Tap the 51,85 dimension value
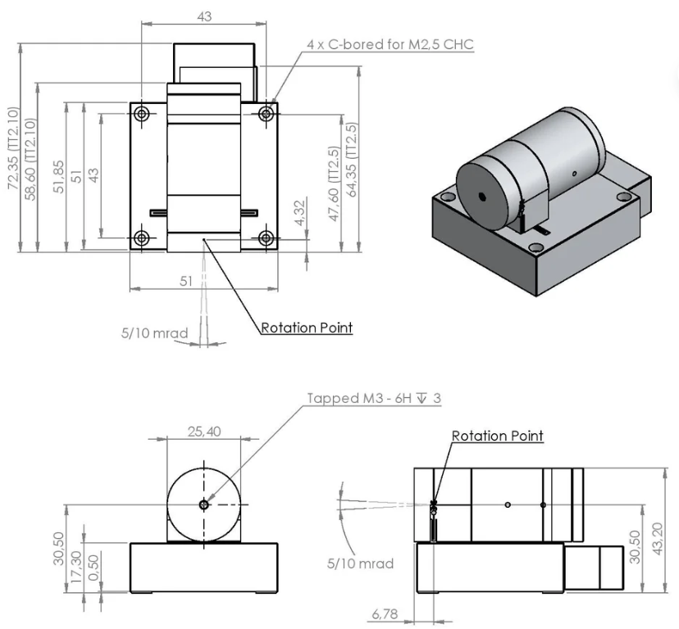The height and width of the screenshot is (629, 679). [x=57, y=175]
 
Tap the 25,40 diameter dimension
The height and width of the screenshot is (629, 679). [x=203, y=432]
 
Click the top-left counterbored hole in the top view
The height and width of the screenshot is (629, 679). [x=142, y=112]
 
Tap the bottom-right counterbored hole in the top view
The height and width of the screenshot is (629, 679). [x=266, y=238]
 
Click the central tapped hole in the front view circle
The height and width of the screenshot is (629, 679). [x=203, y=505]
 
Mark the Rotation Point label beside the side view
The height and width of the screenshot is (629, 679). [x=497, y=436]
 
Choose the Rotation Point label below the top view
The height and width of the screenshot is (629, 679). [x=307, y=328]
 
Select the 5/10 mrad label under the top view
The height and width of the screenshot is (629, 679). [x=154, y=333]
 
